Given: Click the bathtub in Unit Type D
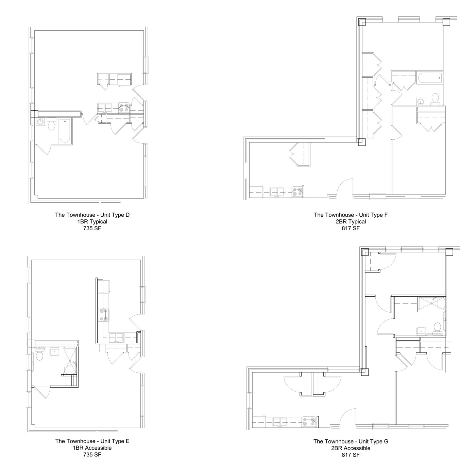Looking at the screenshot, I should click(65, 131).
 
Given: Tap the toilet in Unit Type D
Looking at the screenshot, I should click(52, 125).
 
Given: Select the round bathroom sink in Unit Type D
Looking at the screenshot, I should click(40, 122).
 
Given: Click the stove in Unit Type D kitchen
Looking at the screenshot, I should click(123, 108).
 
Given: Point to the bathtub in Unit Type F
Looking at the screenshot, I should click(430, 78).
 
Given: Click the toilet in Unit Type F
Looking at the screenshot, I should click(435, 99).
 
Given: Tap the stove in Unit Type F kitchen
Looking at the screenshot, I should click(298, 192).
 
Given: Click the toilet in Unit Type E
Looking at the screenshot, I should click(39, 355).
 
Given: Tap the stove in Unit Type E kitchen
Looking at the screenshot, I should click(103, 315).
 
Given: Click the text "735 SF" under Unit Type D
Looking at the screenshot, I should click(92, 228).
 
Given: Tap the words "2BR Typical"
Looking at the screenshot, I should click(351, 222).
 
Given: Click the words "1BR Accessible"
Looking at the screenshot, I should click(92, 448).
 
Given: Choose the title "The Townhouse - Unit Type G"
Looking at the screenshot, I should click(351, 441).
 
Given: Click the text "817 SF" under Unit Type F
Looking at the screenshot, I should click(351, 228).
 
